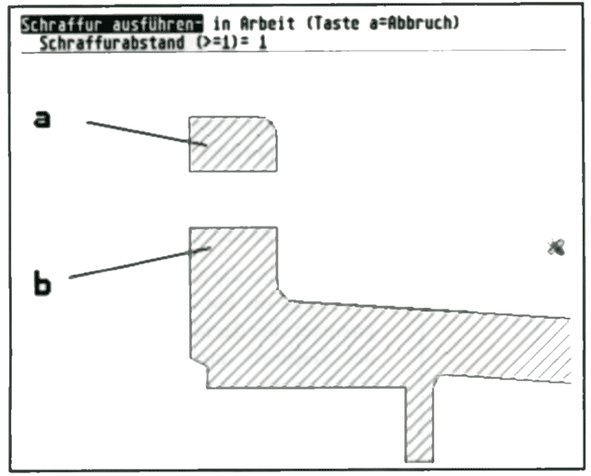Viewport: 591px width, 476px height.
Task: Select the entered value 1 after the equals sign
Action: click(262, 43)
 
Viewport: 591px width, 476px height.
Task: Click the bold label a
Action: click(42, 118)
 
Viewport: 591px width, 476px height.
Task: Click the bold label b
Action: click(42, 283)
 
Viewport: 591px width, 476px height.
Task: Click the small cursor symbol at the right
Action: click(556, 246)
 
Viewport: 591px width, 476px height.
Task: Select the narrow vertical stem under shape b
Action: click(419, 421)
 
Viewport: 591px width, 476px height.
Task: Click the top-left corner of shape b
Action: click(189, 228)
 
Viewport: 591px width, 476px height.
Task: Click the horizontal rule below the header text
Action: click(295, 51)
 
